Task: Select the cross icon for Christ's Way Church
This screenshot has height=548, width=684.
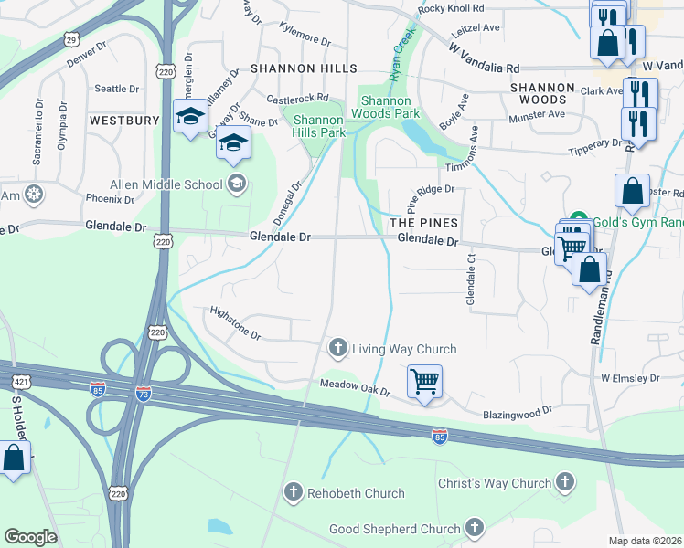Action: coord(565,482)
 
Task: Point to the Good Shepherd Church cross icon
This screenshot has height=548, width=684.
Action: coord(474,527)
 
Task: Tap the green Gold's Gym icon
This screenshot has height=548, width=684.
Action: coord(578,221)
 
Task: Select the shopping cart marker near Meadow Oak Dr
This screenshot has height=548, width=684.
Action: coord(425,381)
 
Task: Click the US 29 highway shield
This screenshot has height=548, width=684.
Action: coord(71,39)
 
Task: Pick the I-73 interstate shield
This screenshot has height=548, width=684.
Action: coord(143,393)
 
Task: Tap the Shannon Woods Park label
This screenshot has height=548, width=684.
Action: coord(390,107)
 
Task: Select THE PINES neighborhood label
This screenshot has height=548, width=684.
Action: coord(422,223)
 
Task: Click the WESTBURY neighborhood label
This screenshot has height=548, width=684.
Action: coord(124,120)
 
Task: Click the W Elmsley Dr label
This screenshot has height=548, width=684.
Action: coord(630,377)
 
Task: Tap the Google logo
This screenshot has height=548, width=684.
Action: coord(31,537)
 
